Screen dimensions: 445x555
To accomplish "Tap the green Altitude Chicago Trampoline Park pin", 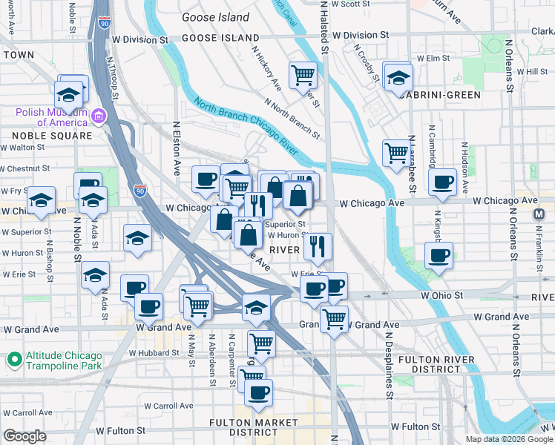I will [x=13, y=360].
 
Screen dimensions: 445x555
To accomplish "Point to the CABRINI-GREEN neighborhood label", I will [x=437, y=95].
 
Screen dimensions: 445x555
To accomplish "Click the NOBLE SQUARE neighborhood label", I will [x=52, y=136].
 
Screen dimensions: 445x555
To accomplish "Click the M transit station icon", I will [x=540, y=214].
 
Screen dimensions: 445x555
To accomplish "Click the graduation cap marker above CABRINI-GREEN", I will [x=398, y=76].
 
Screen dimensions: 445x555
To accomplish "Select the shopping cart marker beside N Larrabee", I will [x=395, y=153].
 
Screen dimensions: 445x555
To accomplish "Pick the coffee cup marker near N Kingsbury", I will [x=443, y=182].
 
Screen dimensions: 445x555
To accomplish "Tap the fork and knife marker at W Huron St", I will [x=318, y=246].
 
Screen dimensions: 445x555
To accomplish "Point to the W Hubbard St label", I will [x=154, y=353].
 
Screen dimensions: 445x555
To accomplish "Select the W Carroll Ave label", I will [x=168, y=406].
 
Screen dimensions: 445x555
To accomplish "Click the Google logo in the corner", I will [x=24, y=436].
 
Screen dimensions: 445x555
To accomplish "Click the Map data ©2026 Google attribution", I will [x=509, y=439].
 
